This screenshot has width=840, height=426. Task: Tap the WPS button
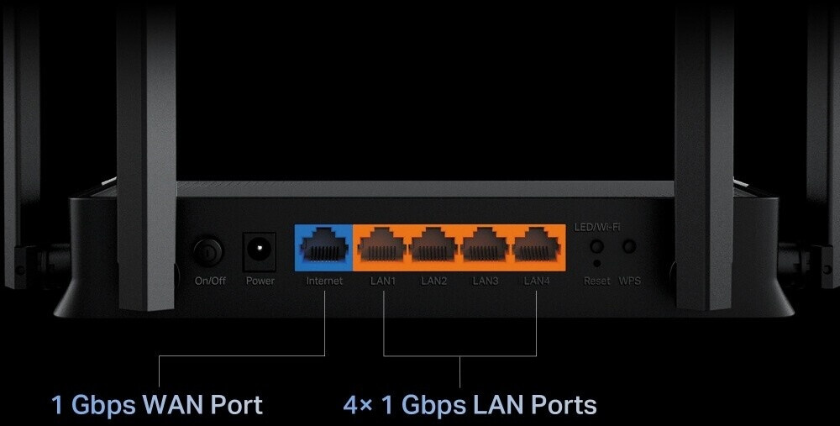629,246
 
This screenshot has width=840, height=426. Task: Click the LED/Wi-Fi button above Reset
596,246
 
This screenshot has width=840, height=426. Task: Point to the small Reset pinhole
596,263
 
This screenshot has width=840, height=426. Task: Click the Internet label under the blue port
324,281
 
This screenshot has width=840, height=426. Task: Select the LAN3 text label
485,281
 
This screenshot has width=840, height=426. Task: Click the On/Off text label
210,281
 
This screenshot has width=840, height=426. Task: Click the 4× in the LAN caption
358,405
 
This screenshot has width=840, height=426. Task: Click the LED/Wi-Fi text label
596,227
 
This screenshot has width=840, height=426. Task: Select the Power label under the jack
260,281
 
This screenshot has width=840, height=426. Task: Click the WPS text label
629,281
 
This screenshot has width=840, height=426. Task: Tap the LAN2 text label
433,281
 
